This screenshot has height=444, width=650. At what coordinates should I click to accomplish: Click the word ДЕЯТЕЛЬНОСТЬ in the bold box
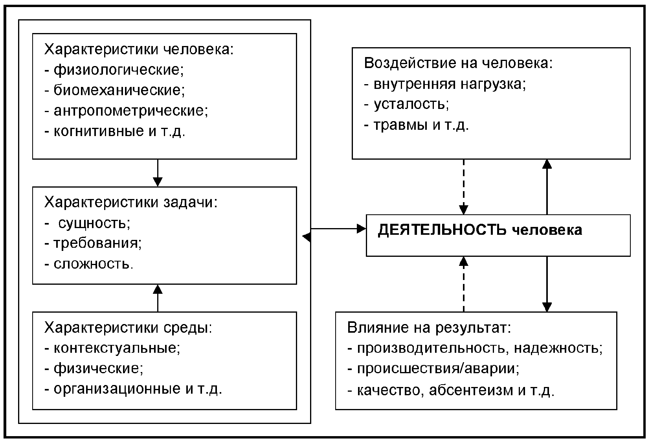[442, 230]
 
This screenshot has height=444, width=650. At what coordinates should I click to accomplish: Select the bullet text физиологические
[118, 70]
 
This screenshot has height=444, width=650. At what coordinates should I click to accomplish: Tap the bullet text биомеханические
[119, 90]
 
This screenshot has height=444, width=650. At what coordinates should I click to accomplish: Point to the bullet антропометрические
[130, 111]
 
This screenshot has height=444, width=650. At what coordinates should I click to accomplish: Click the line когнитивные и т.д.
[119, 131]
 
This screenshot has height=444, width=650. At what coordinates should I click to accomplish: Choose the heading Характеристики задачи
[130, 202]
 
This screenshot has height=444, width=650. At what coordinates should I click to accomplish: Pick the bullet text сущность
[94, 223]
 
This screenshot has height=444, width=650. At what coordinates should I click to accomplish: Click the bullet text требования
[97, 243]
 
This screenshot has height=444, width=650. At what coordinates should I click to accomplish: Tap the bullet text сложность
[94, 263]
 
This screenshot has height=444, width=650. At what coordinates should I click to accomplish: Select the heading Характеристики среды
[128, 328]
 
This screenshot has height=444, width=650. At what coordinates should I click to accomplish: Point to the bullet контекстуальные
[117, 348]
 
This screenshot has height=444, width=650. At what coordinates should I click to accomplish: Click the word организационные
[117, 389]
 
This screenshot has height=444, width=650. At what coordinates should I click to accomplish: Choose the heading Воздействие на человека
[458, 63]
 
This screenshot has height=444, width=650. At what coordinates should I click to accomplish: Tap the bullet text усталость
[411, 104]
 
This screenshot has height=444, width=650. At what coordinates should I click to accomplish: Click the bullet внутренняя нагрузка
[450, 84]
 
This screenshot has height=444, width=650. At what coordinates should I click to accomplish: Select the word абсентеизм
[471, 390]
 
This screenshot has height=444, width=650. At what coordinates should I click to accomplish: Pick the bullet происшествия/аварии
[438, 369]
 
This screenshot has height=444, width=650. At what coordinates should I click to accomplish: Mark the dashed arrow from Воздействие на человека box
[464, 187]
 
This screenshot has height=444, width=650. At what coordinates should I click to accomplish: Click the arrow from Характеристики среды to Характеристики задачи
[158, 298]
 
